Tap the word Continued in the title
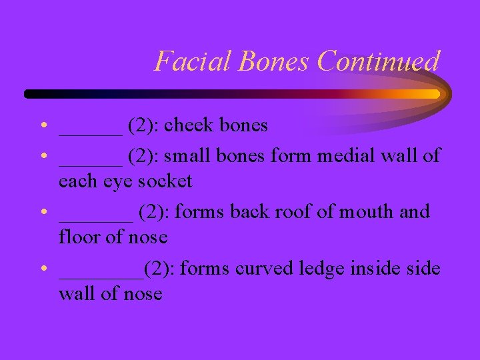point(379,61)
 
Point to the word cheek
point(191,125)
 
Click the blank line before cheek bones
point(90,131)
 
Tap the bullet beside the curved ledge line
point(42,269)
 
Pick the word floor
point(78,237)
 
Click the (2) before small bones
point(143,156)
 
